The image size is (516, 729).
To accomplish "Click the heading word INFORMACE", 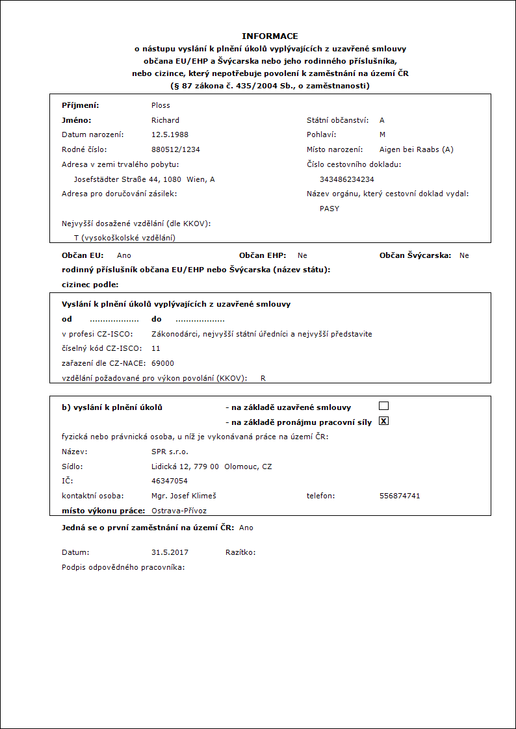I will click(270, 36).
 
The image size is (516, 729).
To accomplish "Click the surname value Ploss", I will click(161, 105).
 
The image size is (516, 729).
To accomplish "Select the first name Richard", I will click(165, 120).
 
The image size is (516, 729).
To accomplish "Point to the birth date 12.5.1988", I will click(170, 134).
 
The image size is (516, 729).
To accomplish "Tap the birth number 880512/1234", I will click(175, 149).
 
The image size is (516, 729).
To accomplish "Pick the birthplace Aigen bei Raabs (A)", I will click(417, 149).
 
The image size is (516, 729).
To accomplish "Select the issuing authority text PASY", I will click(329, 209).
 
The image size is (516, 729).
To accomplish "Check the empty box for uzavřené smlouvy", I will click(383, 406).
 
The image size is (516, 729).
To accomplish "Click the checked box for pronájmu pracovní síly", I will click(383, 421).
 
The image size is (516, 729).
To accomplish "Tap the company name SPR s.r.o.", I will click(170, 452).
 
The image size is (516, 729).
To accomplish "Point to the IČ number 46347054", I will click(169, 481).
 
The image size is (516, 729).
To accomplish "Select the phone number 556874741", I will click(400, 496).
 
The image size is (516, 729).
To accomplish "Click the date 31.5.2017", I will click(170, 552).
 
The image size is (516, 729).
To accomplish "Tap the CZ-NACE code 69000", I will click(162, 363).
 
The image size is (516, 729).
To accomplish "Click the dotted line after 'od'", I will click(114, 320).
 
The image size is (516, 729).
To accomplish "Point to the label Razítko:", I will click(240, 552).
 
